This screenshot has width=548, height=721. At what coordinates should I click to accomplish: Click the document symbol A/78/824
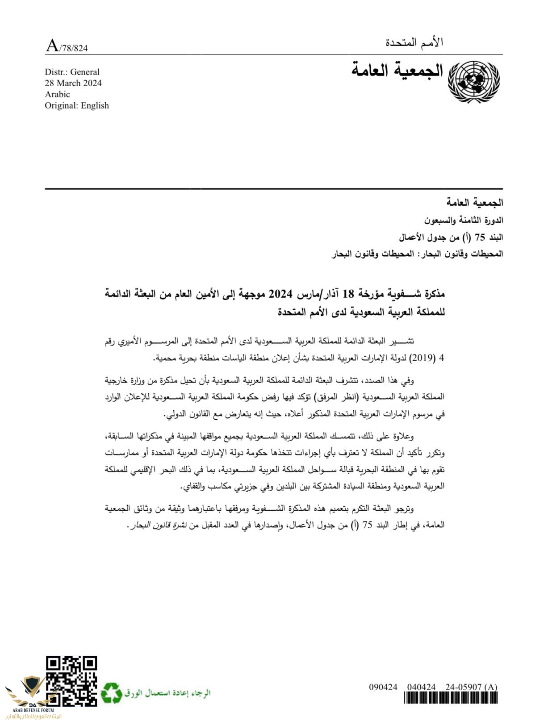point(67,46)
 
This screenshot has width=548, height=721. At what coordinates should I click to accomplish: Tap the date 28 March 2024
point(73,83)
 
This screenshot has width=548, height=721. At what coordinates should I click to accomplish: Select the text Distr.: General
point(72,72)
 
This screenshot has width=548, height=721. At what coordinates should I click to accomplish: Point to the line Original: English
point(77,105)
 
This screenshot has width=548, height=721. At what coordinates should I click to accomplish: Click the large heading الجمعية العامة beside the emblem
point(397,71)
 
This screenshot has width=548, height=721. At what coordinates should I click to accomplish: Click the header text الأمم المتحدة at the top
point(414,42)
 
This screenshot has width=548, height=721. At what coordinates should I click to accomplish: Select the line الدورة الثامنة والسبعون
point(463,220)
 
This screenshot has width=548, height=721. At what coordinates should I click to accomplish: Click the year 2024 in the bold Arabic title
point(280,294)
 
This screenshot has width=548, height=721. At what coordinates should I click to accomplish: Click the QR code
point(71,681)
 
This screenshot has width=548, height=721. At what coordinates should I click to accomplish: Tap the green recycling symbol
point(111,693)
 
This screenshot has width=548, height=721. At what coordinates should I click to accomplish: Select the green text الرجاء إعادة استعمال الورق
point(167,693)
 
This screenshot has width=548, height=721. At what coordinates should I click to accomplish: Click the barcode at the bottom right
point(450,698)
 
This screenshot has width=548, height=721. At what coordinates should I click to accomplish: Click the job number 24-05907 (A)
point(471,687)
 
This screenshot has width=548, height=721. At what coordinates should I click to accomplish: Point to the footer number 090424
point(383,687)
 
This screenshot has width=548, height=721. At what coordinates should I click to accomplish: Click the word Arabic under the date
point(57,94)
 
